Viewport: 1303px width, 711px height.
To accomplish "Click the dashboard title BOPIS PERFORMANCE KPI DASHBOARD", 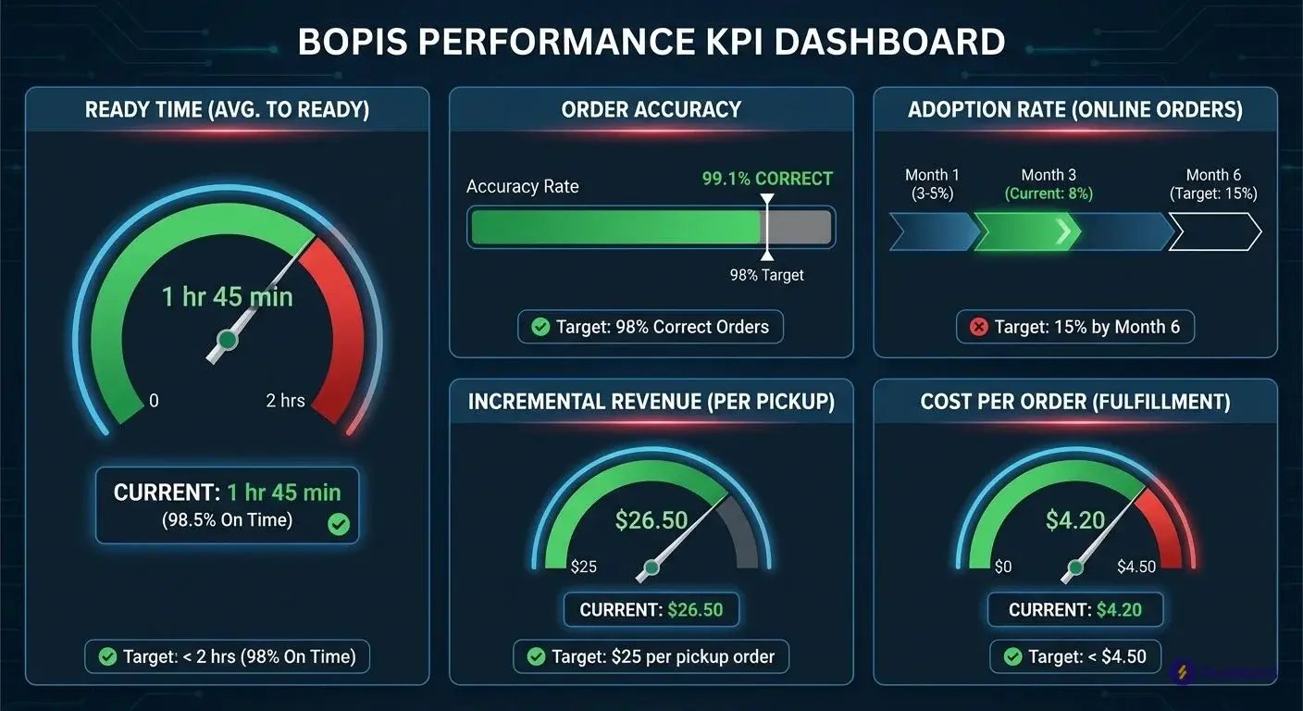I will tap(651, 42).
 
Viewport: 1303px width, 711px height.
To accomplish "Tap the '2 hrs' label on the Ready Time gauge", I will tap(285, 401).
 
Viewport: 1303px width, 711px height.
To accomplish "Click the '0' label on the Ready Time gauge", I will tap(154, 401).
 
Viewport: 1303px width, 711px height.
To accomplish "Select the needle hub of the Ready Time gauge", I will tap(227, 340).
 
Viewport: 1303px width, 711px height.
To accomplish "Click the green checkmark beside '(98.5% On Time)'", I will tap(339, 525).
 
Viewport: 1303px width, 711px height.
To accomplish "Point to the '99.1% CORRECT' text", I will tap(767, 179).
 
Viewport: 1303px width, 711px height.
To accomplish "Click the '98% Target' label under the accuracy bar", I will tap(766, 275).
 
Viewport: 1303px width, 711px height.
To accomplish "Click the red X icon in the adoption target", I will tap(977, 327).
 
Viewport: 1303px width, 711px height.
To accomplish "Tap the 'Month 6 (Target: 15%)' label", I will tap(1213, 184).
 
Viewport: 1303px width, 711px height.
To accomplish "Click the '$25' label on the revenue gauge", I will tap(583, 567).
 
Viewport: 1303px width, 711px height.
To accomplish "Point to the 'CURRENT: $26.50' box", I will tap(651, 610).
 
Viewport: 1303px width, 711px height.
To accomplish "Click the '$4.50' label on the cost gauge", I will tap(1136, 567).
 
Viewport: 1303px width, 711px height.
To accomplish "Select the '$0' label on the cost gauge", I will tap(1003, 567).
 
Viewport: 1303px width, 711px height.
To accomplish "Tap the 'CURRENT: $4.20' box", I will tap(1074, 610).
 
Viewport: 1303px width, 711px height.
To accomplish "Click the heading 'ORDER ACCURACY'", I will tap(651, 109).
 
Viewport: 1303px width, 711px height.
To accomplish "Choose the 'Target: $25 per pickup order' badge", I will tap(651, 656).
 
